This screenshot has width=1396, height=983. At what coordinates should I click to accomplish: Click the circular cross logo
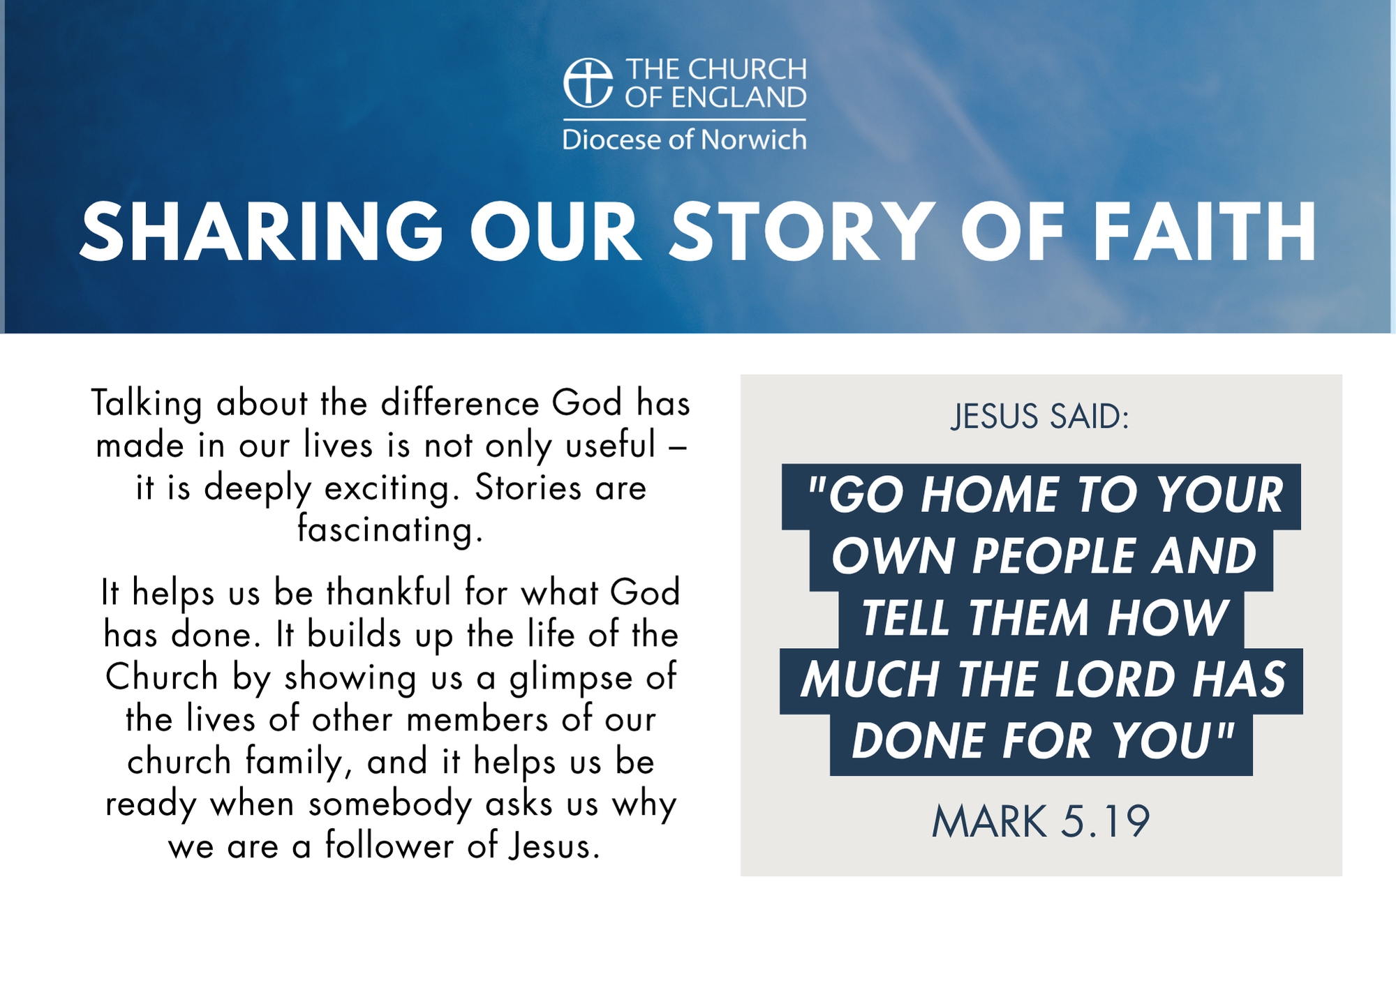pyautogui.click(x=588, y=82)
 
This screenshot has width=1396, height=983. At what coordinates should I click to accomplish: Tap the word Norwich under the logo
pyautogui.click(x=753, y=140)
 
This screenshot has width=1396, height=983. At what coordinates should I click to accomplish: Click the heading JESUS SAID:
pyautogui.click(x=1040, y=417)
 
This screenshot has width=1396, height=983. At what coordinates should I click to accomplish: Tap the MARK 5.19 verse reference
pyautogui.click(x=1041, y=821)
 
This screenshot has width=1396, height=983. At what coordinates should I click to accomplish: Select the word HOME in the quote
pyautogui.click(x=990, y=495)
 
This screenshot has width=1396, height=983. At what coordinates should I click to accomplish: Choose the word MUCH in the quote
pyautogui.click(x=870, y=680)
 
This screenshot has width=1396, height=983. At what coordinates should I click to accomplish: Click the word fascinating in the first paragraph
pyautogui.click(x=389, y=529)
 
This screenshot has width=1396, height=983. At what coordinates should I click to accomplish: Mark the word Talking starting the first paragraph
pyautogui.click(x=147, y=405)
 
